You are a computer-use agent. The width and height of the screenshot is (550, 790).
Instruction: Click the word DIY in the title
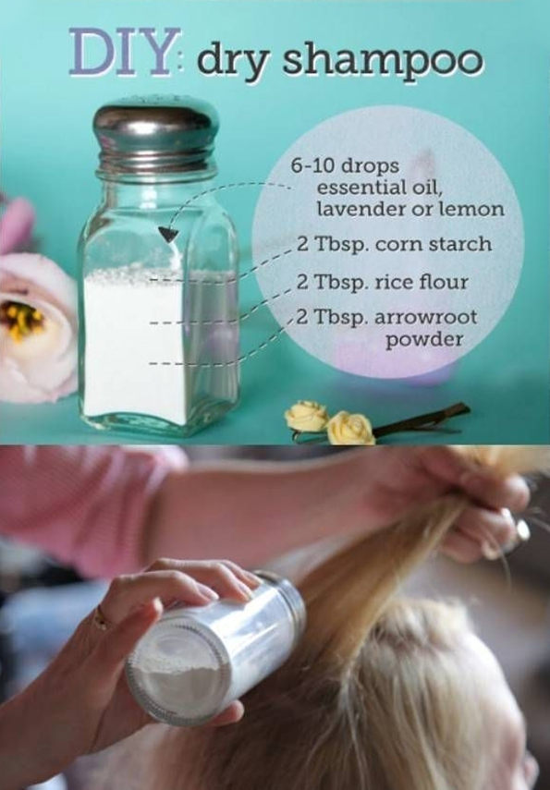(124, 53)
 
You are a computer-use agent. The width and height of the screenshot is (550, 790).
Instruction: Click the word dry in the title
(232, 62)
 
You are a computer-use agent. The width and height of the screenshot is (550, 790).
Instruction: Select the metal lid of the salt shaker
(156, 135)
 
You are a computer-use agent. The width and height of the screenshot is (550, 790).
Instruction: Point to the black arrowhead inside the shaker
(169, 234)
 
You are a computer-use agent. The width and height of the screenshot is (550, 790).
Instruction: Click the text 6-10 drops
(344, 165)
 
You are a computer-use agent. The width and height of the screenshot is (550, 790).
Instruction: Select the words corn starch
(434, 244)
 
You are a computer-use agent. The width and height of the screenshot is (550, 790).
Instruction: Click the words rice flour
(422, 282)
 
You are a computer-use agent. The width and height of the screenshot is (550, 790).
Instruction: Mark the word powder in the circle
(424, 340)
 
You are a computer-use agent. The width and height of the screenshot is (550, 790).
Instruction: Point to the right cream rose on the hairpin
(351, 428)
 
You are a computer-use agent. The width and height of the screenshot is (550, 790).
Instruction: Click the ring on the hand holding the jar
(101, 618)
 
